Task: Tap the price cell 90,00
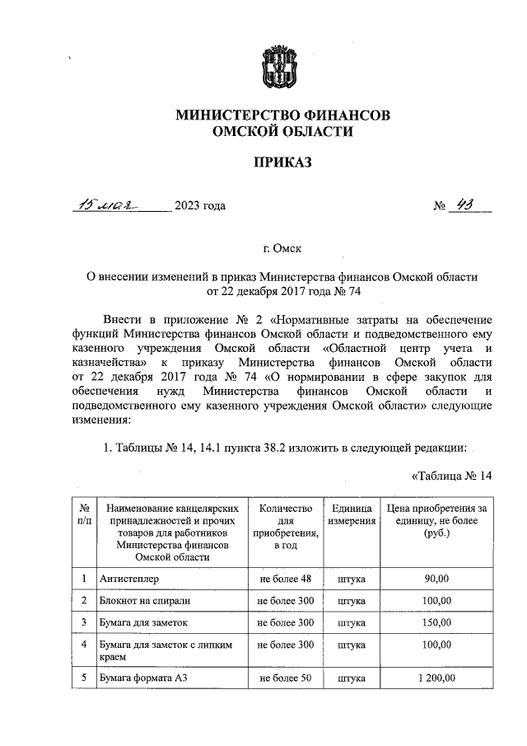pos(438,580)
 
